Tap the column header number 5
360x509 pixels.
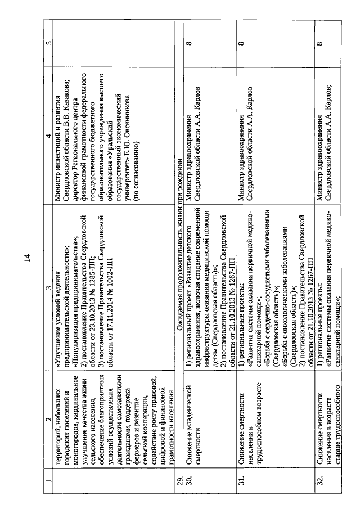[x=48, y=43]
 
